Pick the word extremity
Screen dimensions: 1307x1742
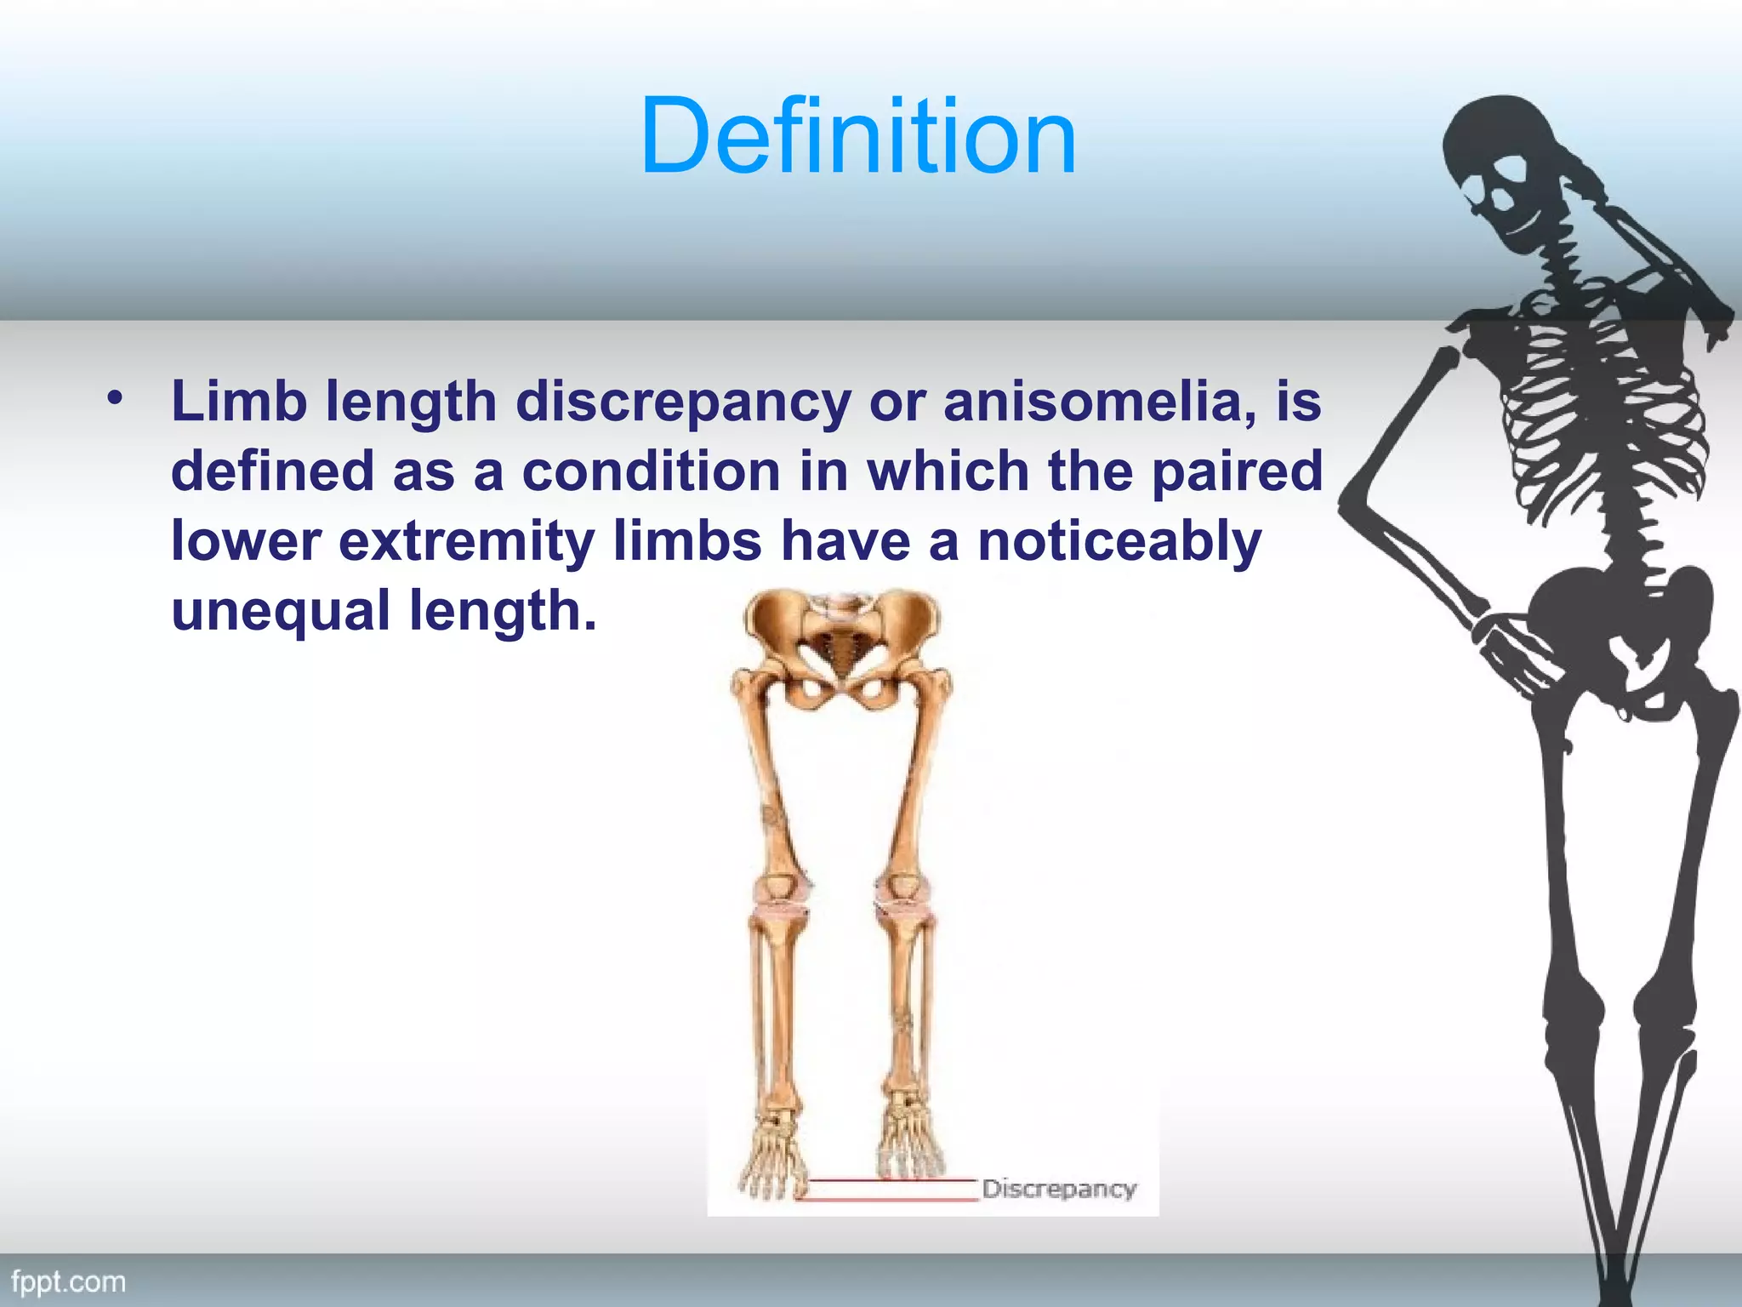click(466, 541)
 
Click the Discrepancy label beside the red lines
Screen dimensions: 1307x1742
click(1058, 1189)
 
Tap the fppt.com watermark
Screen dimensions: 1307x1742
click(68, 1281)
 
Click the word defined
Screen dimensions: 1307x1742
click(272, 471)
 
